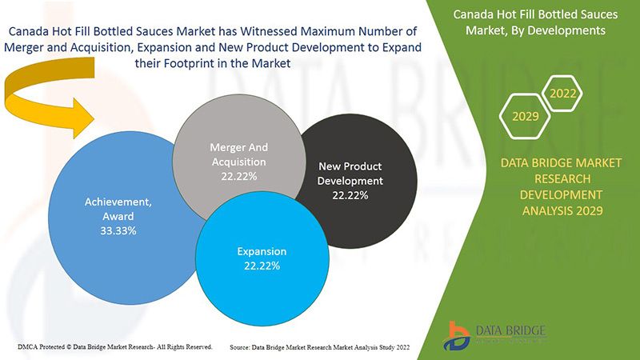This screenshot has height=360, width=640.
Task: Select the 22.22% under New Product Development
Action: pos(350,194)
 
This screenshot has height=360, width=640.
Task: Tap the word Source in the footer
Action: pos(243,347)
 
